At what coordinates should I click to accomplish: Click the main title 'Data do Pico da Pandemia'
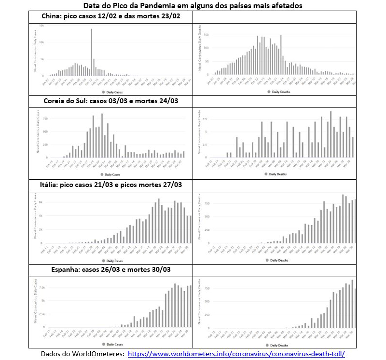(x=193, y=6)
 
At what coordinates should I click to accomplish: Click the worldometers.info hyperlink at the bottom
(x=236, y=353)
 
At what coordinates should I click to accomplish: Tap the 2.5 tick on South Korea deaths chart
(x=205, y=145)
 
